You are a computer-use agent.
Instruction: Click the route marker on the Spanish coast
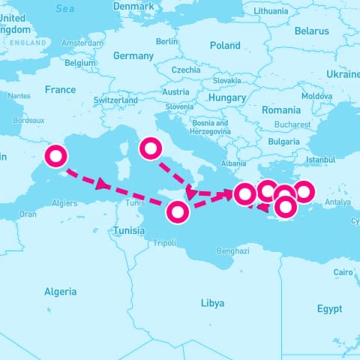click(56, 157)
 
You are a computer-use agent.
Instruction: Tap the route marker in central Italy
click(151, 148)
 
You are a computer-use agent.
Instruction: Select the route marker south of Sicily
click(178, 212)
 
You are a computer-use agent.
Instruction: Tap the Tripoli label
click(163, 243)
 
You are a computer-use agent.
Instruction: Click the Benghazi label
click(232, 251)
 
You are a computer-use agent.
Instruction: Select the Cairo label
click(343, 272)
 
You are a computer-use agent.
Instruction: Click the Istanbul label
click(321, 160)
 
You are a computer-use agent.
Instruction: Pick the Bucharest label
click(292, 124)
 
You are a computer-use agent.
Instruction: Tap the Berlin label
click(167, 41)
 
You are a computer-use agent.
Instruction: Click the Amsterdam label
click(82, 43)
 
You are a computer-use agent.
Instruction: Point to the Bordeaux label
click(28, 120)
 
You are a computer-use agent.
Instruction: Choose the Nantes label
click(19, 96)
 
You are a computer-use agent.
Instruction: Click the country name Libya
click(212, 303)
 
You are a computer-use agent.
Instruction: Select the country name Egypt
click(329, 309)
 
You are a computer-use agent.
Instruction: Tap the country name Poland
click(225, 46)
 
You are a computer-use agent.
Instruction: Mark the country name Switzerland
click(115, 100)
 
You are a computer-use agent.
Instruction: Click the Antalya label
click(338, 202)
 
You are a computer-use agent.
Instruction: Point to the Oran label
click(28, 214)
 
